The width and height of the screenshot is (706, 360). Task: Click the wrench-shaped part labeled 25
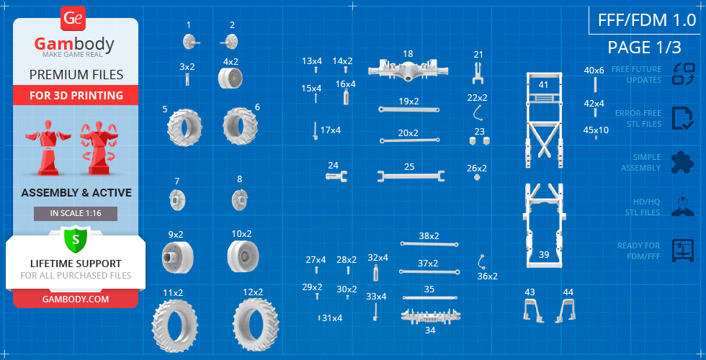pos(411,176)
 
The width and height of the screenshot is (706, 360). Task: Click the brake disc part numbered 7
pos(177,200)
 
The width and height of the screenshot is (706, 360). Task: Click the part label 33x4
pos(376,297)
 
